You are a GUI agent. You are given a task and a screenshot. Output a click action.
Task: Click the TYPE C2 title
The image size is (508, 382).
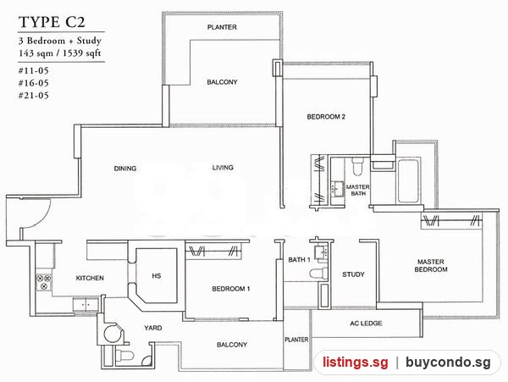coord(52,22)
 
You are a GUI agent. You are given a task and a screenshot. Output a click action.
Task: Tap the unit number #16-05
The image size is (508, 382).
coord(33,83)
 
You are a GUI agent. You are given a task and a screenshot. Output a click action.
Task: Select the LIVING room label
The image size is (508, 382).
coord(223,168)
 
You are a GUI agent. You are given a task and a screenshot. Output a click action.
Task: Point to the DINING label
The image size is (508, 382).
coord(125,169)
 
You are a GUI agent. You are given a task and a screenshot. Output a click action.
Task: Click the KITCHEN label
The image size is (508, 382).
coord(90,278)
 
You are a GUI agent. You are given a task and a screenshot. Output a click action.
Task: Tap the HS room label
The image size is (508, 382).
coord(157,276)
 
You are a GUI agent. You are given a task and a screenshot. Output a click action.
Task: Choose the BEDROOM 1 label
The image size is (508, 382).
coord(231,289)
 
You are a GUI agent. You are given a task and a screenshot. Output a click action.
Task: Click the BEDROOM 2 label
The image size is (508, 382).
coord(326,117)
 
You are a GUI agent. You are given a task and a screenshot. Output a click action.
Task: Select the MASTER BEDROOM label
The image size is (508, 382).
coord(431,265)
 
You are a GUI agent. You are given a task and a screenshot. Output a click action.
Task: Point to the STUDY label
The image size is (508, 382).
coord(353,274)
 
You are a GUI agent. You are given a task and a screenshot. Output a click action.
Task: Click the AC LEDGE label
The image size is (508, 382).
coord(366,323)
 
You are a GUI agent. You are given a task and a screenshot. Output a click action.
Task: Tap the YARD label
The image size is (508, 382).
coord(153,328)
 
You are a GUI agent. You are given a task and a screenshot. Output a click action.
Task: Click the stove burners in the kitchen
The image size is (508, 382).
coord(44,282)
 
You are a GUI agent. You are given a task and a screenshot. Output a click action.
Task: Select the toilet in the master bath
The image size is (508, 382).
coord(357,165)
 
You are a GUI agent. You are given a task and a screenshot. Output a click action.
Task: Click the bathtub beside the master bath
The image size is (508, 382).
coord(409,180)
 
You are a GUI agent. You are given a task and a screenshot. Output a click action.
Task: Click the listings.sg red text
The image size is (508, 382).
coord(356,362)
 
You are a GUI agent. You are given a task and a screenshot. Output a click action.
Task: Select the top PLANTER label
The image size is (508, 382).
coord(222,27)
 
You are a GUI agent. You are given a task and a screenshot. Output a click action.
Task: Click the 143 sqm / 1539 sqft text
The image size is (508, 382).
coord(60,53)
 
